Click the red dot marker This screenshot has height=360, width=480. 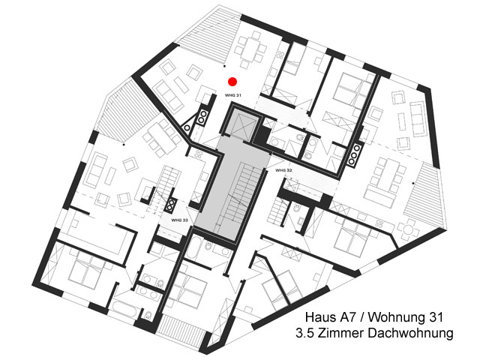[x=232, y=82]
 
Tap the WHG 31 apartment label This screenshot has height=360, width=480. [x=233, y=95]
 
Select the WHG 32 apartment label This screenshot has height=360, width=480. [x=283, y=170]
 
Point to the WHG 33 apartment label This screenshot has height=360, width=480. [x=179, y=220]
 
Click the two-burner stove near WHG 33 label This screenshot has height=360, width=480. [x=170, y=205]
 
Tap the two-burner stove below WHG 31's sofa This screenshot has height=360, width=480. [x=202, y=117]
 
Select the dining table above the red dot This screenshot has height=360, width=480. [x=250, y=48]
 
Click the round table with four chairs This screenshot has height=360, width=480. [x=408, y=229]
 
